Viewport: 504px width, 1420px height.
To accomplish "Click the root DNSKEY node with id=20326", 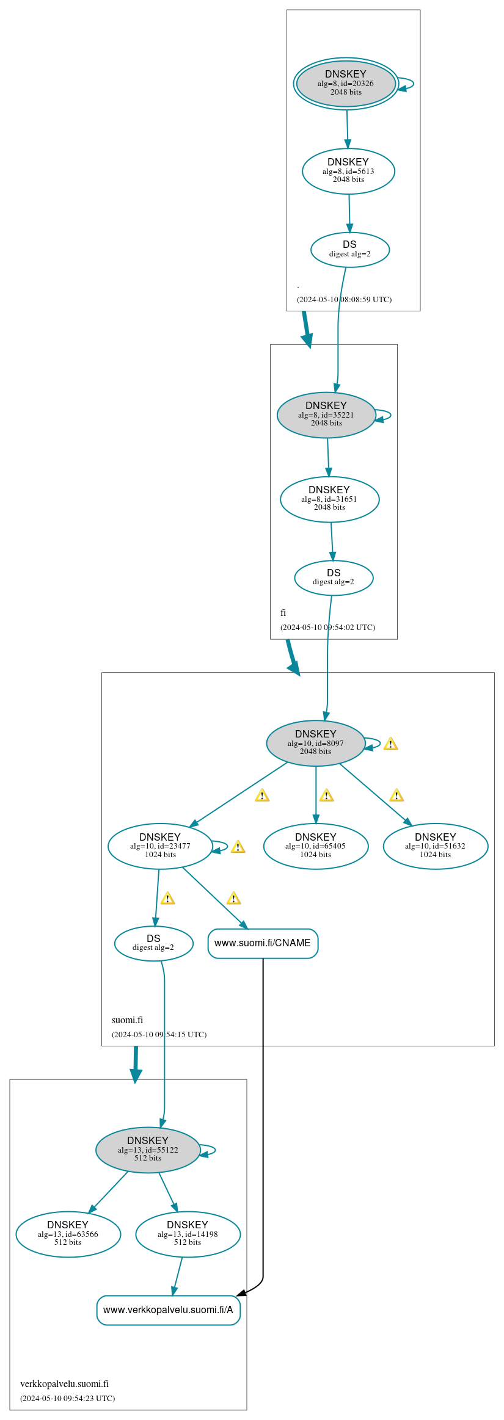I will click(x=346, y=84).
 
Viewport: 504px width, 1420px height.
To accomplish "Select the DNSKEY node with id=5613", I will click(x=348, y=171).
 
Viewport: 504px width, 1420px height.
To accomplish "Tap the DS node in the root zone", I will click(x=349, y=249).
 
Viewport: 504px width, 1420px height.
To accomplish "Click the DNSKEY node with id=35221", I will click(x=326, y=415).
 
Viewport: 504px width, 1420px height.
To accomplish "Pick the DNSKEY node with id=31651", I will click(x=329, y=499).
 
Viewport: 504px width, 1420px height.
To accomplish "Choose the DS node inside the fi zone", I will click(x=334, y=578).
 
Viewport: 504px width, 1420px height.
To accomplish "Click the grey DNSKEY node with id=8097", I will click(x=315, y=742).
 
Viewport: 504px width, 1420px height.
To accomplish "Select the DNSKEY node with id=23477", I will click(x=160, y=846).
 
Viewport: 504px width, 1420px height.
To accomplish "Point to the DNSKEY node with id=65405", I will click(x=315, y=846).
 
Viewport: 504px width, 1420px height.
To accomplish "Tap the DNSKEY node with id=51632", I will click(x=435, y=846).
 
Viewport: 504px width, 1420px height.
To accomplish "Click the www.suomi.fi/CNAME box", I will click(x=263, y=943).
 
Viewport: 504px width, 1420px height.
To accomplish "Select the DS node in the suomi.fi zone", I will click(x=153, y=943).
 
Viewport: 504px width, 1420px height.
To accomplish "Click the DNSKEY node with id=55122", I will click(x=148, y=1150).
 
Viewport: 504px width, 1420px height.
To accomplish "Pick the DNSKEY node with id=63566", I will click(x=68, y=1234).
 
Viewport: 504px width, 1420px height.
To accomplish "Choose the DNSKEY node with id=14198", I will click(x=188, y=1234).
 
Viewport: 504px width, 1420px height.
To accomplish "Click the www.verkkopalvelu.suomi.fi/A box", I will click(x=168, y=1310).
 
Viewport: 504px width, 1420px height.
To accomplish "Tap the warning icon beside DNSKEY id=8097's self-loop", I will click(x=390, y=744).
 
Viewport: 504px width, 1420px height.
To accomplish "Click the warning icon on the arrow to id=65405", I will click(x=326, y=795).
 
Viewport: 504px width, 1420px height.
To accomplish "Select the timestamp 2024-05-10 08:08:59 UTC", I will click(x=344, y=299).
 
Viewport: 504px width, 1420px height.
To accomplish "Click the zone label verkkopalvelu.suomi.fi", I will click(x=64, y=1383).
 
